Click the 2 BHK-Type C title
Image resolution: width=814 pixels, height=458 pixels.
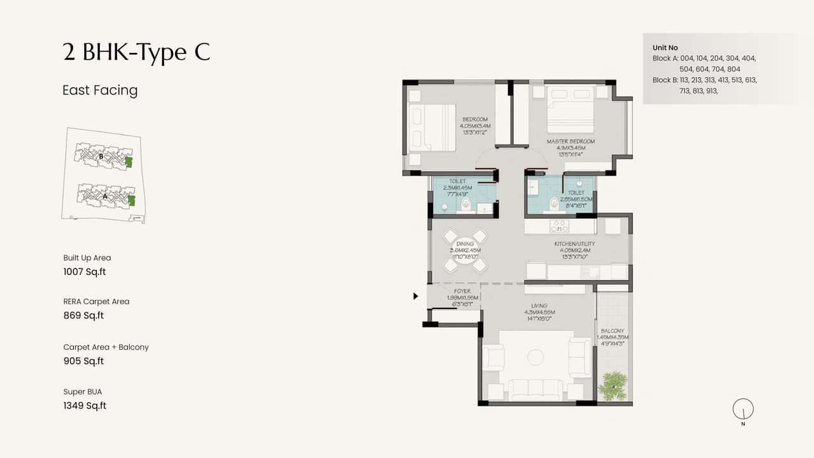(x=136, y=52)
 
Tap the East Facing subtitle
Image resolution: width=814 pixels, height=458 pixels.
(x=100, y=90)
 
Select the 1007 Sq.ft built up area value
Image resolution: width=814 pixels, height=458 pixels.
(x=85, y=272)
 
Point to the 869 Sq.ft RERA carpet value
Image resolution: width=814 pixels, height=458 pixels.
(x=83, y=316)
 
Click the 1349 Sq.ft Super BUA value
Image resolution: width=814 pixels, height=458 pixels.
(x=85, y=406)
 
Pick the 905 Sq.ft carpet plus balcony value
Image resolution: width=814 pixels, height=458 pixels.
(x=83, y=361)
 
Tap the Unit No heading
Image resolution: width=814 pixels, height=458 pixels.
(x=665, y=48)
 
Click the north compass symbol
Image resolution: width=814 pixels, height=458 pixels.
(x=743, y=410)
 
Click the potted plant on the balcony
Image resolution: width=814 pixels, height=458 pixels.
(x=613, y=386)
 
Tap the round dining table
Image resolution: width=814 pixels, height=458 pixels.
(x=465, y=250)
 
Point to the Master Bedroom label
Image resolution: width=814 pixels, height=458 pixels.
(x=570, y=141)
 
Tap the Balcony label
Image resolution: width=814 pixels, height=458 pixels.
(x=613, y=331)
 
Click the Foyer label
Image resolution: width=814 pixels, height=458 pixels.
(x=462, y=291)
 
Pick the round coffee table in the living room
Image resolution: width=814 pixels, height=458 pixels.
(x=535, y=357)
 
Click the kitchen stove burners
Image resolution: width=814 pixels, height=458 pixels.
(x=560, y=226)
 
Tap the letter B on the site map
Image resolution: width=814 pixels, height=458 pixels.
(x=101, y=155)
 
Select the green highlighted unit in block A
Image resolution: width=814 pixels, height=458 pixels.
(x=132, y=201)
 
